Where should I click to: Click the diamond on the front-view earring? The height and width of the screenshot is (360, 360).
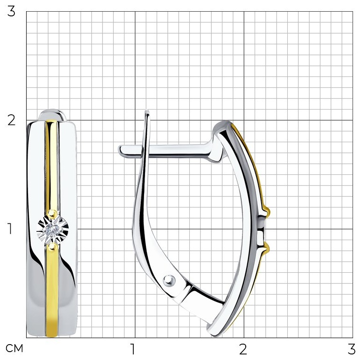(x=52, y=228)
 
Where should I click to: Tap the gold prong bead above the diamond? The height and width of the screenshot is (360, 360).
(x=52, y=213)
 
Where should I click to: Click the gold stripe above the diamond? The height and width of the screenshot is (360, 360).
(x=51, y=165)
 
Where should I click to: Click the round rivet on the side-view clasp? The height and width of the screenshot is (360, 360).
(x=169, y=280)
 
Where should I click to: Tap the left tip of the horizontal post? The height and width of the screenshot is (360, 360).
(x=119, y=150)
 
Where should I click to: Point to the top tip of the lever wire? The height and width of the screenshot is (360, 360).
(x=147, y=111)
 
